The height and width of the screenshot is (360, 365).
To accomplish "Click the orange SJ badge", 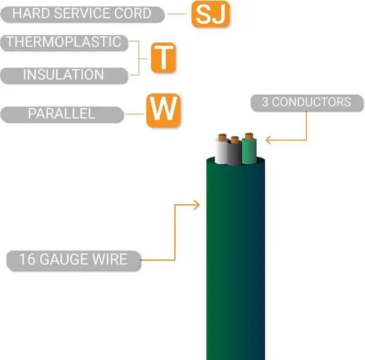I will (209, 15).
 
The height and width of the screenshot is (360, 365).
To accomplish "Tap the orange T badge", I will (163, 58).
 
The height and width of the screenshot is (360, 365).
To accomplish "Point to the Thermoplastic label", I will (63, 42).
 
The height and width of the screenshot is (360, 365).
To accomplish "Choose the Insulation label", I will (63, 75).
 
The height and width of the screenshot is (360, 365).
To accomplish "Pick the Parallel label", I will (62, 114).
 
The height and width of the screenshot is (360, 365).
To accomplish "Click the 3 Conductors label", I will (307, 103).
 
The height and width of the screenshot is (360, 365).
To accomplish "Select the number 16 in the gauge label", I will (26, 260).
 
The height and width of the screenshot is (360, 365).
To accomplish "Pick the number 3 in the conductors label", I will (265, 103).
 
